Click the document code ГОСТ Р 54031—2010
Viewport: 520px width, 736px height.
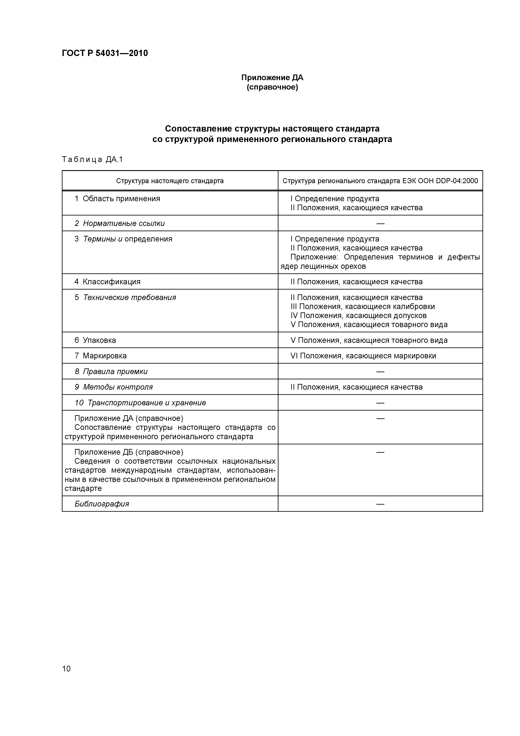pos(105,53)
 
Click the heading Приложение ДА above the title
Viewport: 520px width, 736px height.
pos(272,78)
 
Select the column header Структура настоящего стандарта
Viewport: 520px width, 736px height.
pos(170,181)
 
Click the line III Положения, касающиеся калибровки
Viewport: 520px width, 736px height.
pos(363,307)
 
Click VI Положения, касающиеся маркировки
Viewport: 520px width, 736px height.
pos(363,356)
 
